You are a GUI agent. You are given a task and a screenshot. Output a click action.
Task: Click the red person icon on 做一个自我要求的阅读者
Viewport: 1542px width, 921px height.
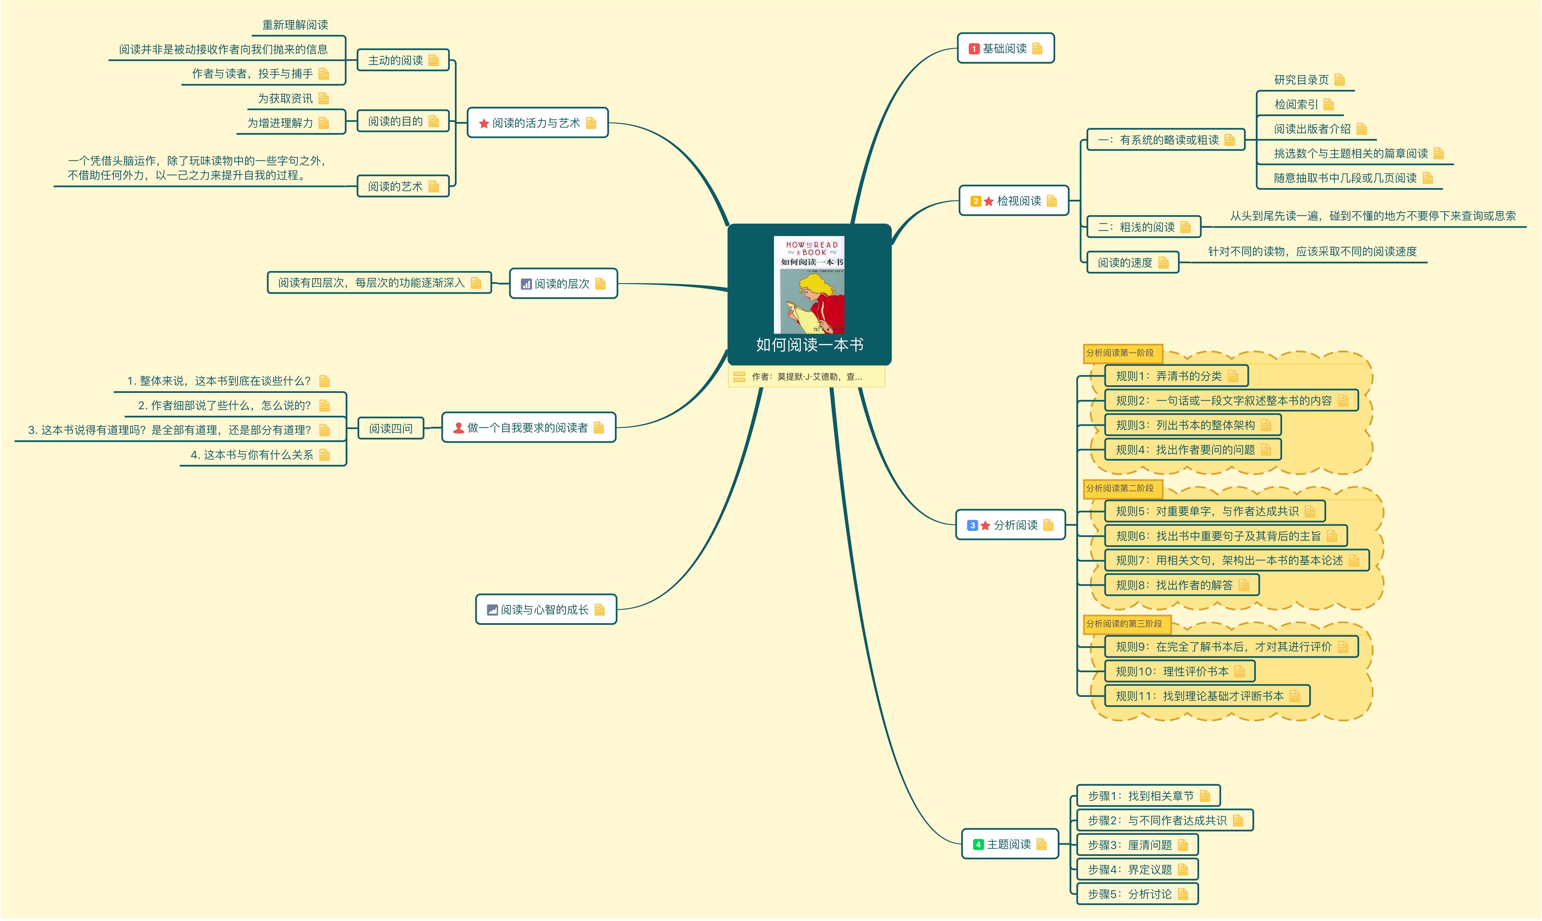[x=458, y=427]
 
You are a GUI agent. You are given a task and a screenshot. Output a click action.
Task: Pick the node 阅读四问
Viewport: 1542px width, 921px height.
[x=391, y=428]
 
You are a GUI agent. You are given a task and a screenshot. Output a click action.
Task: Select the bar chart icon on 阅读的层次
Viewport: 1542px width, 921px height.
[x=526, y=284]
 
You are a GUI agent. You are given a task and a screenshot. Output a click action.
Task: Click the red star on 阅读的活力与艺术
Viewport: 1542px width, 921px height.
[x=484, y=123]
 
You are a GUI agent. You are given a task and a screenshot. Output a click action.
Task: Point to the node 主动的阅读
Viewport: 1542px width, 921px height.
[x=395, y=60]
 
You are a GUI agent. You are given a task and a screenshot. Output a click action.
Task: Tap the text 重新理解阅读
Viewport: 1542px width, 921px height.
[x=295, y=25]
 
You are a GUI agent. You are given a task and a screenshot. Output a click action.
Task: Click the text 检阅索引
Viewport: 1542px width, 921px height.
[x=1296, y=104]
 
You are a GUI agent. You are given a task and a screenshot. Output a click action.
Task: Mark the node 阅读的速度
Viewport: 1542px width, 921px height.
[x=1125, y=263]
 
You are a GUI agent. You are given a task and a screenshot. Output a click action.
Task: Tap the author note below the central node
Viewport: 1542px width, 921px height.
[x=806, y=377]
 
